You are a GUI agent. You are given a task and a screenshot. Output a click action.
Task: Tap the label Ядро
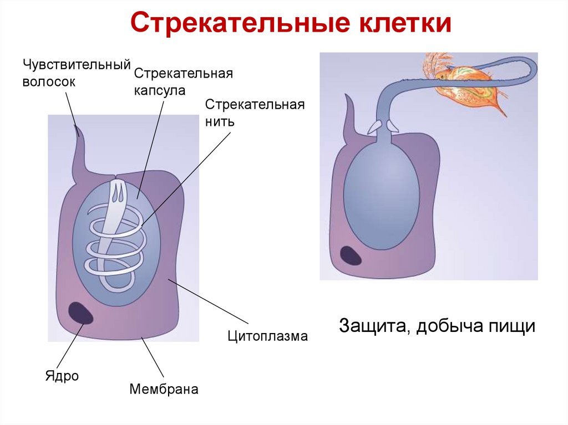point(62,376)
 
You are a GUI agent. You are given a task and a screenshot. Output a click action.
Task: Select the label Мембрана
point(164,389)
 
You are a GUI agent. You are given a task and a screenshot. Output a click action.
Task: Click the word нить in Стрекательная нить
point(220,121)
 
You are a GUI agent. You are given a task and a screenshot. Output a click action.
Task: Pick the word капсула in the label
point(159,90)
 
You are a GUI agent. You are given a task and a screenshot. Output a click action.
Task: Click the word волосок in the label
point(49,81)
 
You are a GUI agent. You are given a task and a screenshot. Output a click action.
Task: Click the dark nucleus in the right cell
point(351,255)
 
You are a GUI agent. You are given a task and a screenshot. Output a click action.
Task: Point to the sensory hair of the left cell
point(79,139)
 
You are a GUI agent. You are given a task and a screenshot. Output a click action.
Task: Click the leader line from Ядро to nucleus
point(71,346)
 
